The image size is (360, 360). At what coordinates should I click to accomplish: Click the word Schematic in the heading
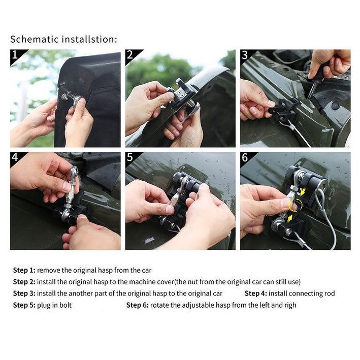[34, 39]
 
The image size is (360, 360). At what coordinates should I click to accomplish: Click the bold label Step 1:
[24, 270]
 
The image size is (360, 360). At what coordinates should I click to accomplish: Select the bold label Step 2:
[24, 282]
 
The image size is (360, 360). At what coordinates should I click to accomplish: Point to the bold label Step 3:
[24, 293]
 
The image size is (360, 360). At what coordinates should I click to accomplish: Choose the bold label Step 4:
[256, 293]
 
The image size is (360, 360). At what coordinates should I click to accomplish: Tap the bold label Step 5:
[24, 305]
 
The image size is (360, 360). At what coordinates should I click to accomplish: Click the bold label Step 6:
[138, 305]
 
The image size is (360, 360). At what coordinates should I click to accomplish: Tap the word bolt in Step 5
[66, 305]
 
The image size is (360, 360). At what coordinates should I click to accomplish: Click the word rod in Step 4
[330, 293]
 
